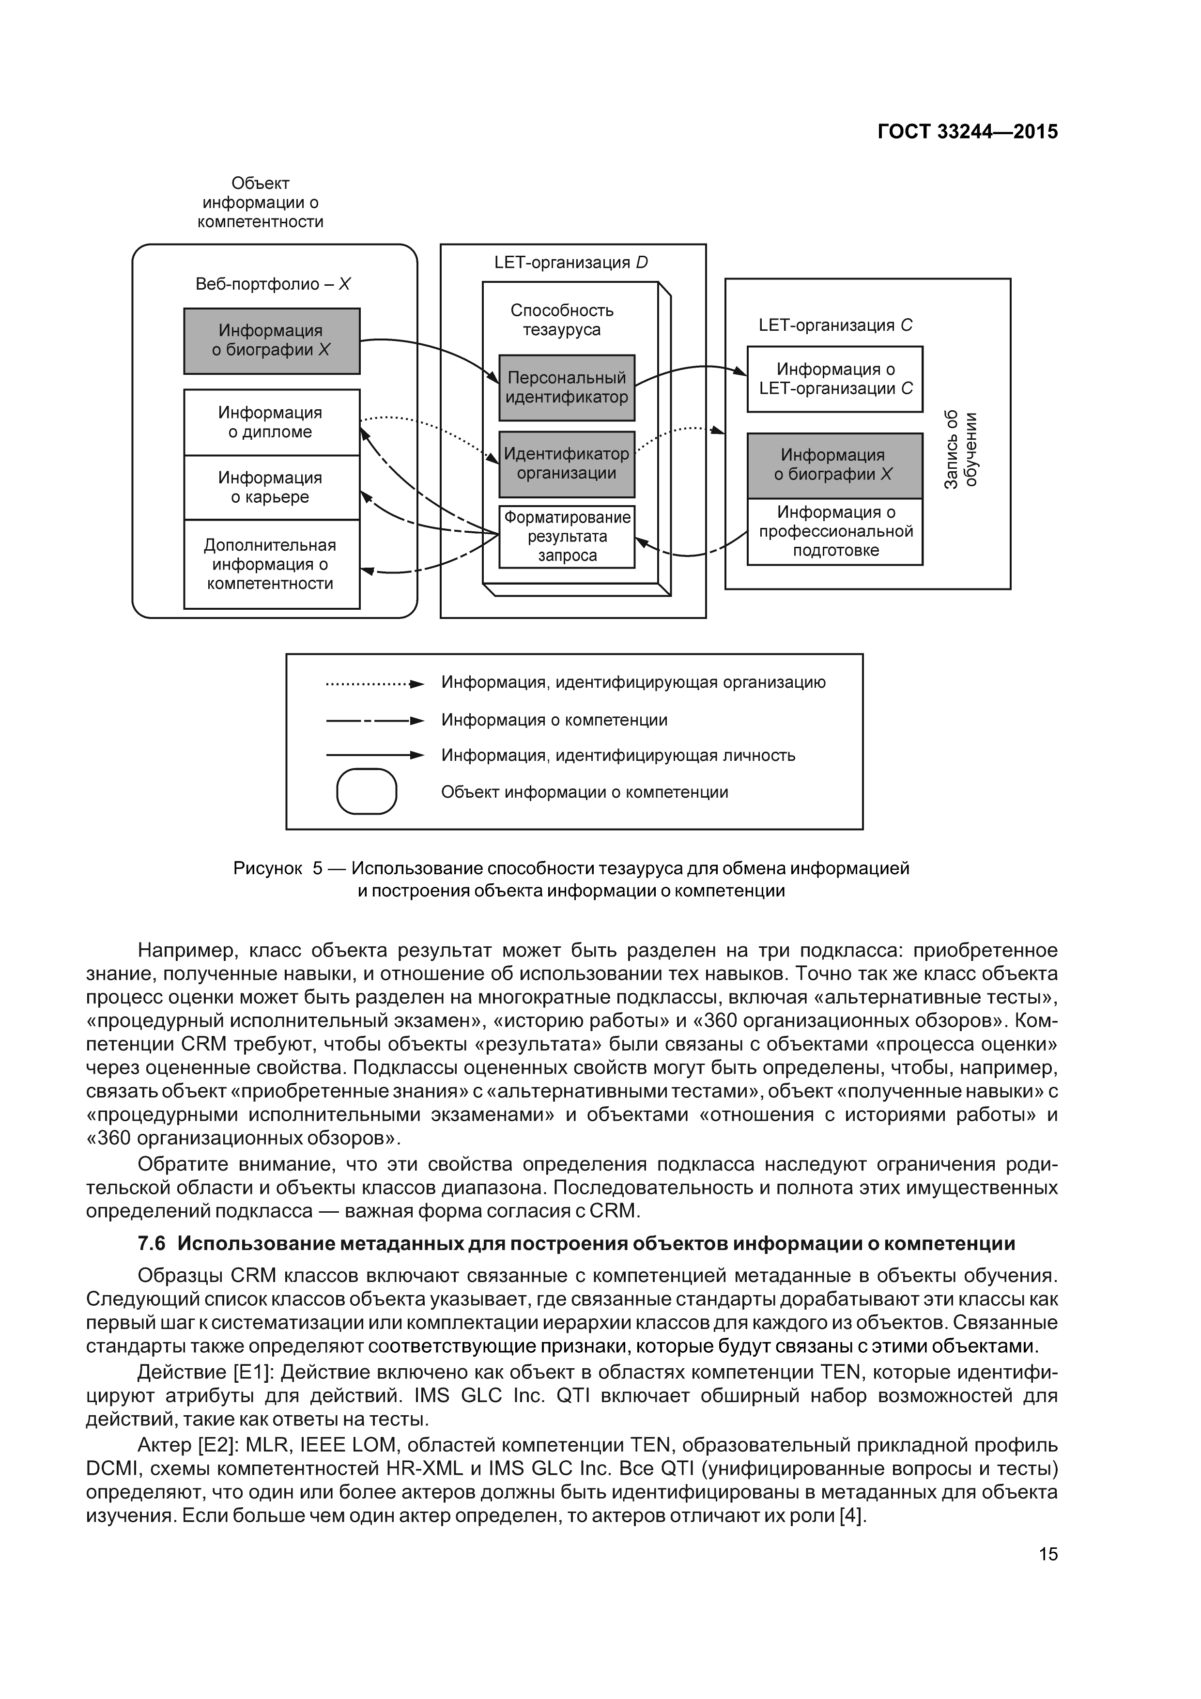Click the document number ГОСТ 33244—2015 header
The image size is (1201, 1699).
(x=967, y=132)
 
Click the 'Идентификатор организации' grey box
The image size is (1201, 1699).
(x=567, y=464)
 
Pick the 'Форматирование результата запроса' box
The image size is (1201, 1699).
(x=567, y=537)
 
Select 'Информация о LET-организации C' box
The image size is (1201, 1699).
(x=835, y=379)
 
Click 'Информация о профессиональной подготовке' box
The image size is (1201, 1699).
(x=835, y=531)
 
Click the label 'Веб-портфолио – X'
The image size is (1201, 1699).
(x=272, y=284)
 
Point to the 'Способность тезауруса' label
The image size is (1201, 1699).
(x=562, y=320)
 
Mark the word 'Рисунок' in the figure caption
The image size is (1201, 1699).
(x=267, y=868)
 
